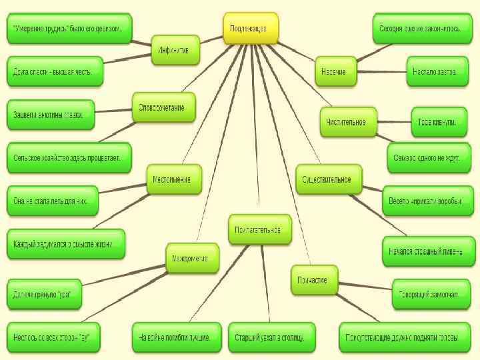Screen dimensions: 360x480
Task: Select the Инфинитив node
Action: point(175,50)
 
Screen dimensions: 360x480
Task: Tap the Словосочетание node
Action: point(164,107)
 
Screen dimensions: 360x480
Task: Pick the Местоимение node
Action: point(174,179)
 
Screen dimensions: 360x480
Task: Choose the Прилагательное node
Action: point(261,230)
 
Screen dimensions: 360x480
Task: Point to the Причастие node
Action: point(314,279)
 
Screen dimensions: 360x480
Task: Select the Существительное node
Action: point(329,180)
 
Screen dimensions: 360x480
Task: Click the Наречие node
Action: point(336,71)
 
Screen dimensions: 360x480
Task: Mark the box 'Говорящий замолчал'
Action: point(429,295)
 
